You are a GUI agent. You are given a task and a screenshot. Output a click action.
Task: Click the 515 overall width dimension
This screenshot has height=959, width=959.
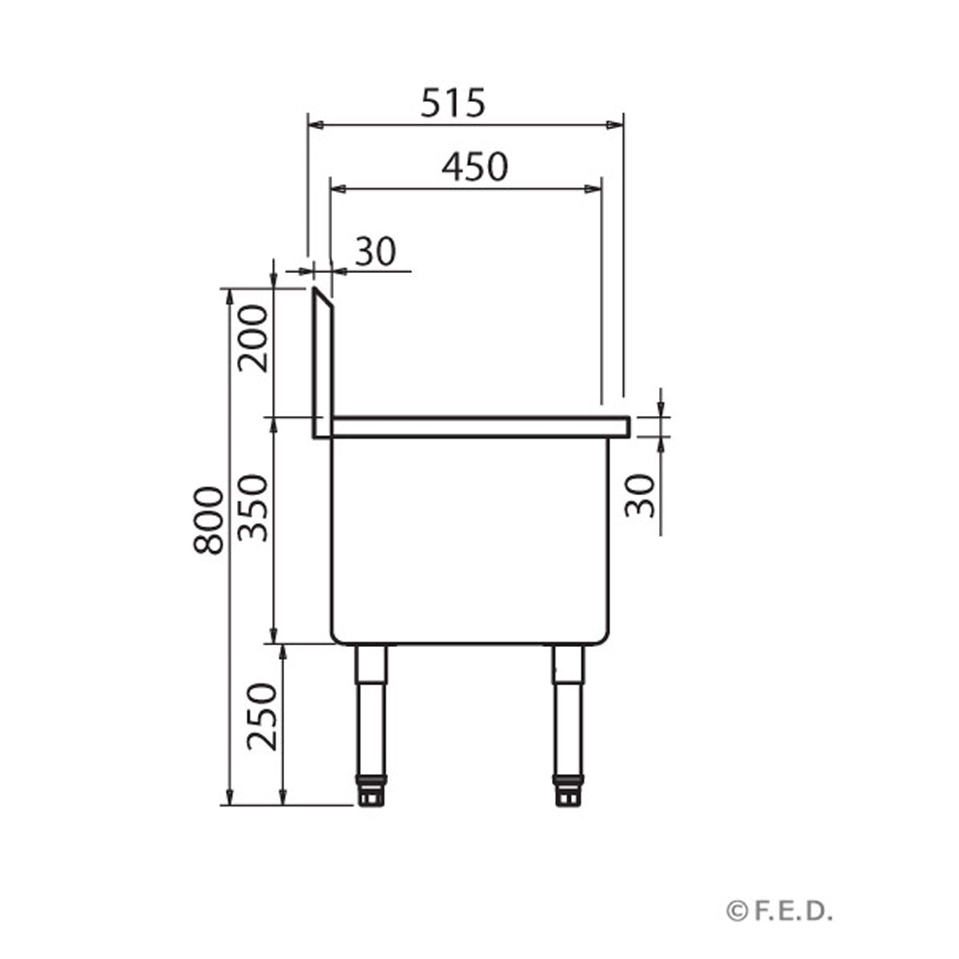point(452,104)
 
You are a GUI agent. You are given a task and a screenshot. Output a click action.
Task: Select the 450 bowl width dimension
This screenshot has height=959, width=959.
point(473,166)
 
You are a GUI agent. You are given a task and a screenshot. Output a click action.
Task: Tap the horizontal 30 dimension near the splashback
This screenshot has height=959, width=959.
point(376,252)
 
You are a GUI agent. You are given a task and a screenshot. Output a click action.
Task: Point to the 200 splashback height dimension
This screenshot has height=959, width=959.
point(254,338)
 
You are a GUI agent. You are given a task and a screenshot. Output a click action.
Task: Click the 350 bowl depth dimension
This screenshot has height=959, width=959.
point(254,507)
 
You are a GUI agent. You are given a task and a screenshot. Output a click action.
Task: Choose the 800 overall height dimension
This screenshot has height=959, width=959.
point(209,520)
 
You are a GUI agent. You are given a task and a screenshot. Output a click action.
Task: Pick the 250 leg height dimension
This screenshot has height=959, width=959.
point(261,717)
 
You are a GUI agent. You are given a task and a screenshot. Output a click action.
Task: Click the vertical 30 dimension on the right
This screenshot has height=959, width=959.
point(642,495)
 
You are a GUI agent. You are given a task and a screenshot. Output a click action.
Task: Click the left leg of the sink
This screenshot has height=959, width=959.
point(371,706)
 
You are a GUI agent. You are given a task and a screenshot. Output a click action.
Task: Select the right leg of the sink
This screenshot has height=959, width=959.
point(568,706)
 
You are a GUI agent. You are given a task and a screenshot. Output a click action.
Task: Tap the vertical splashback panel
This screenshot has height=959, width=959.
point(323,366)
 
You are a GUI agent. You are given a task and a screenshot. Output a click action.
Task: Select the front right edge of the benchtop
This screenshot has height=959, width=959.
point(626,427)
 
